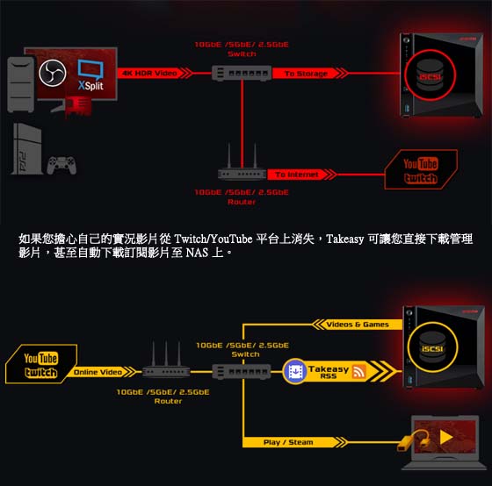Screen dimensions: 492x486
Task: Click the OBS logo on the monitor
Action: click(53, 73)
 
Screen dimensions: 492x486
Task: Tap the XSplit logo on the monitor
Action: click(90, 75)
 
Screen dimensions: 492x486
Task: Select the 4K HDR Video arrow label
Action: click(155, 74)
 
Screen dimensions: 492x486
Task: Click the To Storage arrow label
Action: click(310, 74)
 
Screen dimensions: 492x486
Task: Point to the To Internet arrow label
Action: click(301, 175)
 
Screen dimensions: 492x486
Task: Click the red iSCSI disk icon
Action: click(430, 75)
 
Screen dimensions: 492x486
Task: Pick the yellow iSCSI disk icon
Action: click(432, 347)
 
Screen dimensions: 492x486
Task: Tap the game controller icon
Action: click(61, 165)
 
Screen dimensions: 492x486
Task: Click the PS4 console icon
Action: click(26, 148)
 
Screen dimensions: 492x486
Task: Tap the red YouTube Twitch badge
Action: click(421, 169)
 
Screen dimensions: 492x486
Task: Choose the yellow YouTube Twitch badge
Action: click(41, 364)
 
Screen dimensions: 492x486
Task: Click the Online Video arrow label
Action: click(101, 372)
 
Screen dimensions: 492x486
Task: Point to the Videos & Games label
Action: click(358, 325)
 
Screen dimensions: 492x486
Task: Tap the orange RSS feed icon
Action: click(359, 372)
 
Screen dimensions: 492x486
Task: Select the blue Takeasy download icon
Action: click(294, 371)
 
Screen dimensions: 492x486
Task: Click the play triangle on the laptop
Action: click(446, 437)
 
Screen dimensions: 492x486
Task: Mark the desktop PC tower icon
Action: click(21, 84)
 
